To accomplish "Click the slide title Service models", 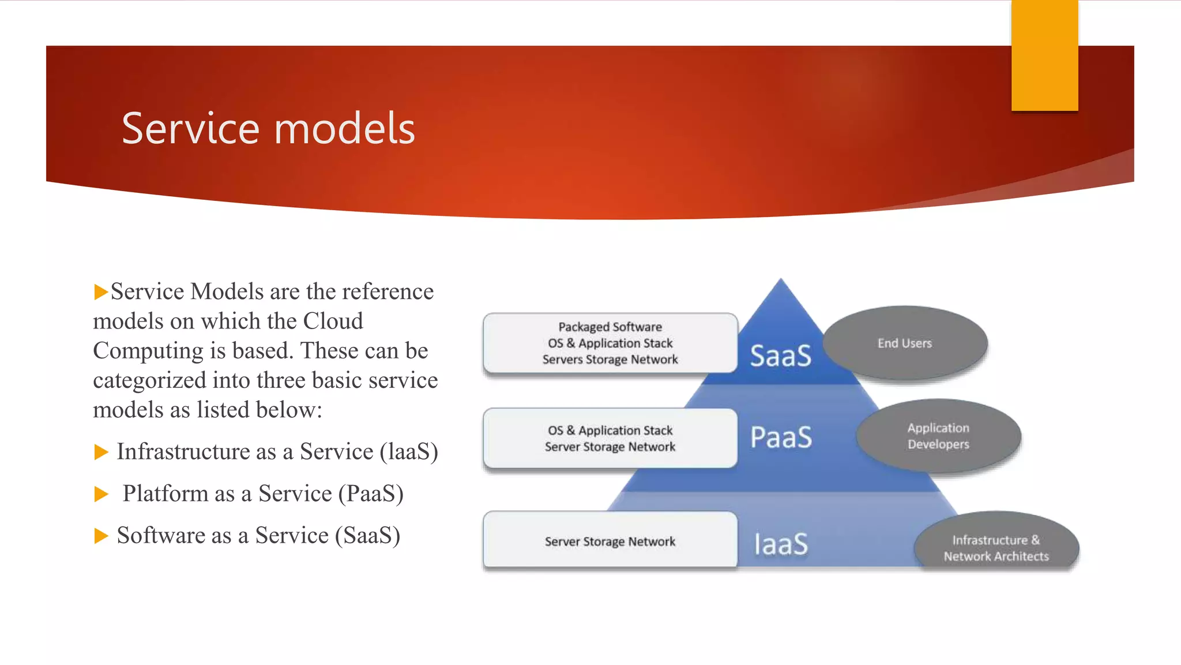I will pos(268,128).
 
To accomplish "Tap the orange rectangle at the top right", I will pos(1044,55).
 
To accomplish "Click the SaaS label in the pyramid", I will pos(780,356).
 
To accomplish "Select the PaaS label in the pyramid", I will pos(781,437).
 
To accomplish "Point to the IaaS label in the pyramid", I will pos(781,544).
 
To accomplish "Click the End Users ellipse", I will pos(904,343).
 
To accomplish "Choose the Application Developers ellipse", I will pos(938,436).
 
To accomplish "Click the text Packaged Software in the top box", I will pos(610,327).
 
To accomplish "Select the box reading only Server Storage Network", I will pos(610,541).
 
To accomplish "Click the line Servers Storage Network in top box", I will pos(610,360).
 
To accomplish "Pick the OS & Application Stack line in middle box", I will pos(610,431).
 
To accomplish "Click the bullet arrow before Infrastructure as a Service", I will pos(101,452).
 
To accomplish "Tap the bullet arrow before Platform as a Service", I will pos(101,494).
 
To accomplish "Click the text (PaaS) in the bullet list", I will pos(371,494).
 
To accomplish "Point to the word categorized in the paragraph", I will pos(149,380).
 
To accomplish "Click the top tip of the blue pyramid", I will pos(781,282).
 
